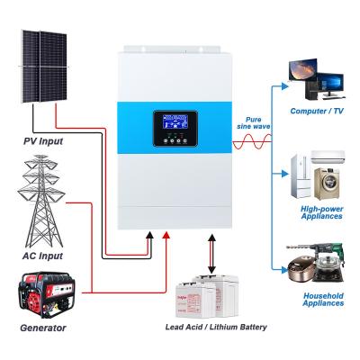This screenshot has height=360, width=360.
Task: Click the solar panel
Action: pos(44,67)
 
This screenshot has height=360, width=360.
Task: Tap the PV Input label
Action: pos(43,141)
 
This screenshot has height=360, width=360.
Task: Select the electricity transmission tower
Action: pos(41,201)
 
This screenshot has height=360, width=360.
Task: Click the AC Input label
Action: pos(42,256)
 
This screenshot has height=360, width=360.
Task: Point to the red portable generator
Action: pos(47,295)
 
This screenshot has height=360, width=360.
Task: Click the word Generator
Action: pos(43,328)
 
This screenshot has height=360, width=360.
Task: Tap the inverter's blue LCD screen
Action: pos(175,121)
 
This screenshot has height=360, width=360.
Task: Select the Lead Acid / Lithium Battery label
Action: pos(216,327)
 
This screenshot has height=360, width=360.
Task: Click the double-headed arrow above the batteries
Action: pos(211,254)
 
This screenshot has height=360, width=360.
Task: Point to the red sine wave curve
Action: pos(252,141)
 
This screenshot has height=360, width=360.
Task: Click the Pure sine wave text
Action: pos(254,123)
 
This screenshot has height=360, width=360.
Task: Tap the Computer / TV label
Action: pos(317,111)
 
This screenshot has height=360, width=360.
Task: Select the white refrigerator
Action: pos(301,176)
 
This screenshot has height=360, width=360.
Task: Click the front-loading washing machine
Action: pos(327,184)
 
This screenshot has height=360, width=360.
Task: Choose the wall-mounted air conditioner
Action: pos(328,157)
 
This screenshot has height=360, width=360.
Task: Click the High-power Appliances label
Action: pos(321,212)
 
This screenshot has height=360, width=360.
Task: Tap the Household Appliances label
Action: pos(323,300)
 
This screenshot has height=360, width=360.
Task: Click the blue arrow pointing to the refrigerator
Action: pos(280,174)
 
